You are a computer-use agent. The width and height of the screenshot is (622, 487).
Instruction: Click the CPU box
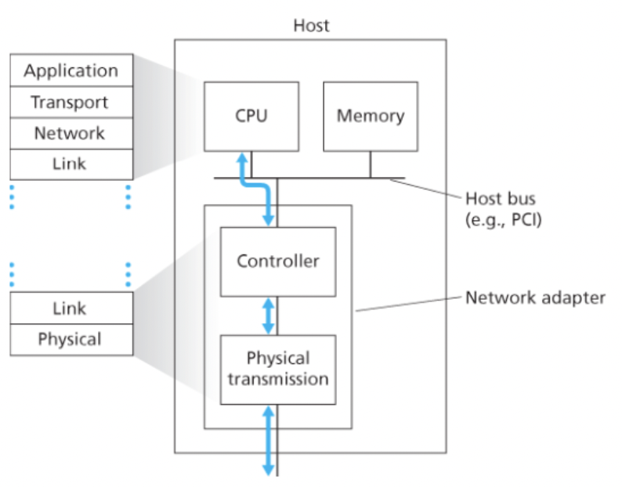pyautogui.click(x=251, y=116)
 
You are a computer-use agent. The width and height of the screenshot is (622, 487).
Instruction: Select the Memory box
pyautogui.click(x=370, y=116)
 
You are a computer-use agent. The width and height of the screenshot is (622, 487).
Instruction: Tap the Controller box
pyautogui.click(x=277, y=261)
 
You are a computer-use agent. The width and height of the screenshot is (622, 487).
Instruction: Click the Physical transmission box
pyautogui.click(x=277, y=369)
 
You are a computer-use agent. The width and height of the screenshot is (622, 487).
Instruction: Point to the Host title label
pyautogui.click(x=311, y=25)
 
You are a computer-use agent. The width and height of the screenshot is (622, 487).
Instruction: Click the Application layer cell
pyautogui.click(x=71, y=70)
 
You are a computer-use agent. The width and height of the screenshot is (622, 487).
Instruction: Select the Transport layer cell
pyautogui.click(x=71, y=102)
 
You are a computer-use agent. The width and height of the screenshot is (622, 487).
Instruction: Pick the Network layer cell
pyautogui.click(x=71, y=133)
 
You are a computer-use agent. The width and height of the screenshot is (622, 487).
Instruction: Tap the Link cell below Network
pyautogui.click(x=71, y=164)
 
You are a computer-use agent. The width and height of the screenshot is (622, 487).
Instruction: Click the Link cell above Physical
pyautogui.click(x=71, y=308)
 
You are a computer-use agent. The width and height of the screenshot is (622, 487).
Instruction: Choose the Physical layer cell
pyautogui.click(x=71, y=339)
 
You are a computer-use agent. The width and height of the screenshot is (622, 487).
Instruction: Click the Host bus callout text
pyautogui.click(x=500, y=198)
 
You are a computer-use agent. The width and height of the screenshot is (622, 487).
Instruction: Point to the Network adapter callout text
pyautogui.click(x=535, y=298)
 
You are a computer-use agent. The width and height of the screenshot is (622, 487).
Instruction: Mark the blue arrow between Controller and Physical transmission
pyautogui.click(x=269, y=316)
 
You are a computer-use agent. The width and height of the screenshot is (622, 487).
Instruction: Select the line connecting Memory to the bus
pyautogui.click(x=370, y=164)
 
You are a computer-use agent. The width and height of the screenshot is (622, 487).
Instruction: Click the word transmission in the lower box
pyautogui.click(x=277, y=379)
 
